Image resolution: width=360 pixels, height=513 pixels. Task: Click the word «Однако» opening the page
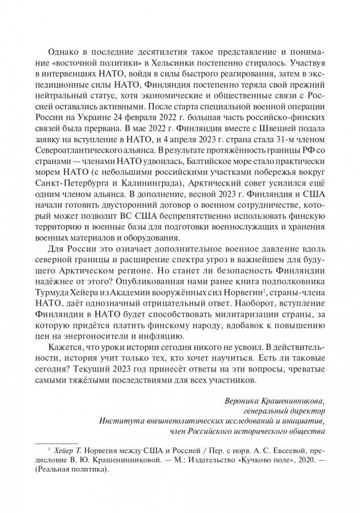click(61, 53)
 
